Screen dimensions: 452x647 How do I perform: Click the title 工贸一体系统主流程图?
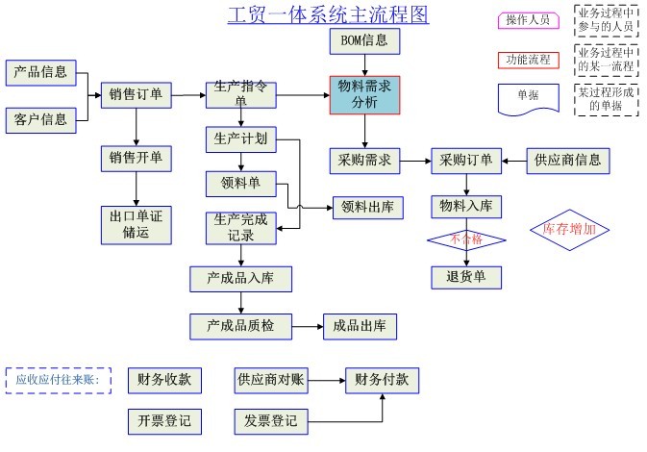[x=328, y=15]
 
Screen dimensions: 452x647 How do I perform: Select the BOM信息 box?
[x=363, y=42]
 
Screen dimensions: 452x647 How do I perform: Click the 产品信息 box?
[x=41, y=72]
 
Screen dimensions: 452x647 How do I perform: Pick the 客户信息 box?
[x=41, y=119]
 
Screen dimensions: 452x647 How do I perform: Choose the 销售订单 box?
[x=136, y=94]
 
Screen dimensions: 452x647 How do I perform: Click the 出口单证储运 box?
[x=137, y=224]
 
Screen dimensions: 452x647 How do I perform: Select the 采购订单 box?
[x=466, y=161]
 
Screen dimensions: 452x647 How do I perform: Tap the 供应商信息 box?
[x=568, y=161]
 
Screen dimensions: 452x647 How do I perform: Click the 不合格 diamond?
[x=466, y=238]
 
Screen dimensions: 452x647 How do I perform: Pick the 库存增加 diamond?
[x=569, y=230]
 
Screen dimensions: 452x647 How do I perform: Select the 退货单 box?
[x=466, y=277]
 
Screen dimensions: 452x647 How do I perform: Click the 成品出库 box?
[x=360, y=326]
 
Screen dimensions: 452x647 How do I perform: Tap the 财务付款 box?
[x=382, y=379]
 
